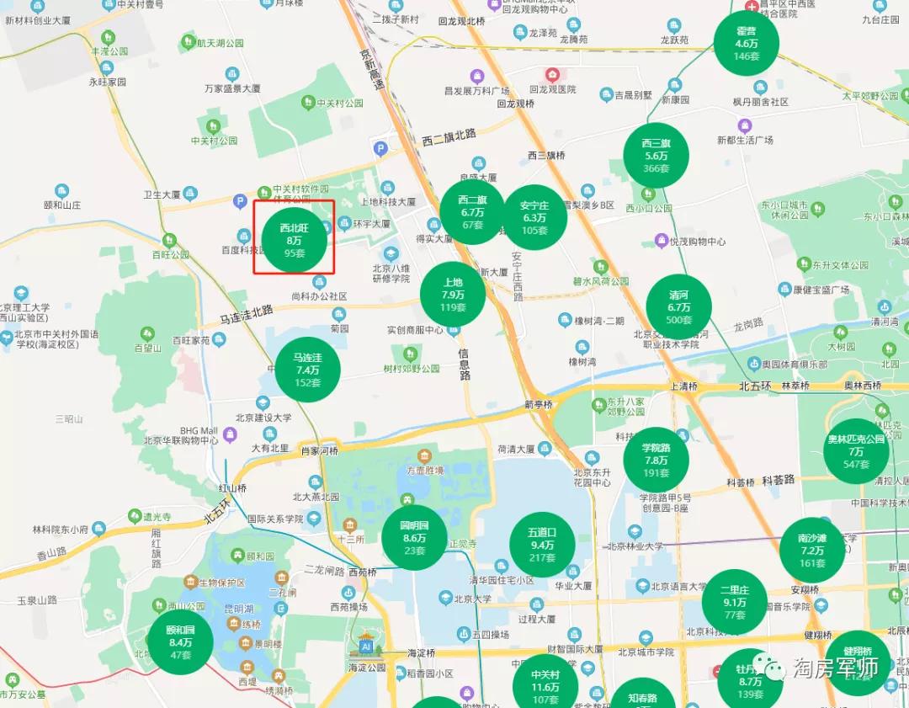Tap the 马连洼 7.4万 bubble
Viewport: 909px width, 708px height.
[x=307, y=370]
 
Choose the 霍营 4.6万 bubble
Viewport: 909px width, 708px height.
[x=746, y=43]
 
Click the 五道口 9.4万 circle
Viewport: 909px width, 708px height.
[x=542, y=545]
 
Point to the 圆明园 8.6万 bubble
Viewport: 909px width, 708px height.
[x=414, y=538]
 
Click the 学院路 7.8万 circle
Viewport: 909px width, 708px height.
[x=656, y=460]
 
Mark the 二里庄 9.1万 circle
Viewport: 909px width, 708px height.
[x=734, y=602]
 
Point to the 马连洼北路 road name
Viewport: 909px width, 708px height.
[x=247, y=314]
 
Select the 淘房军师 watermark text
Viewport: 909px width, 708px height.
[x=836, y=668]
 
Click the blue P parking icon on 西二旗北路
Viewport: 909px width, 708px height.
[x=380, y=149]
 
